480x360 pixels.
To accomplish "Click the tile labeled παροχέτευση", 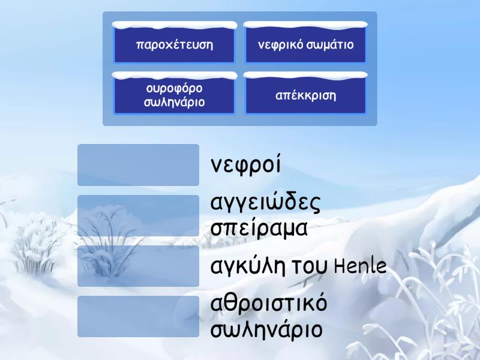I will pyautogui.click(x=175, y=44).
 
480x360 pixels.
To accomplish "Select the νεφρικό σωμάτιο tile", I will pyautogui.click(x=305, y=44).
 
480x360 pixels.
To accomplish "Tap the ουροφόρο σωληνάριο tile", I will pyautogui.click(x=175, y=95).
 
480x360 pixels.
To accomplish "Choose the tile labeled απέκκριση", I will pyautogui.click(x=305, y=95).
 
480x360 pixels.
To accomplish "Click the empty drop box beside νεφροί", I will pyautogui.click(x=138, y=165).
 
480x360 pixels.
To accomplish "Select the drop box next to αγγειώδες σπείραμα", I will pyautogui.click(x=138, y=215).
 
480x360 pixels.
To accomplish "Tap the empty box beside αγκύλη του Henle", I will pyautogui.click(x=138, y=266).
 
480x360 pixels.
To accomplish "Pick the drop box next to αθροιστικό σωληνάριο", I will pyautogui.click(x=138, y=316).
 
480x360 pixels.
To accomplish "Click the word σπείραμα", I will pyautogui.click(x=259, y=229).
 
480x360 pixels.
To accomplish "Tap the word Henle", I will pyautogui.click(x=359, y=266).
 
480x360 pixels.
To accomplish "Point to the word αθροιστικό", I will pyautogui.click(x=269, y=304).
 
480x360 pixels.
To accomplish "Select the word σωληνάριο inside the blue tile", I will pyautogui.click(x=175, y=102).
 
